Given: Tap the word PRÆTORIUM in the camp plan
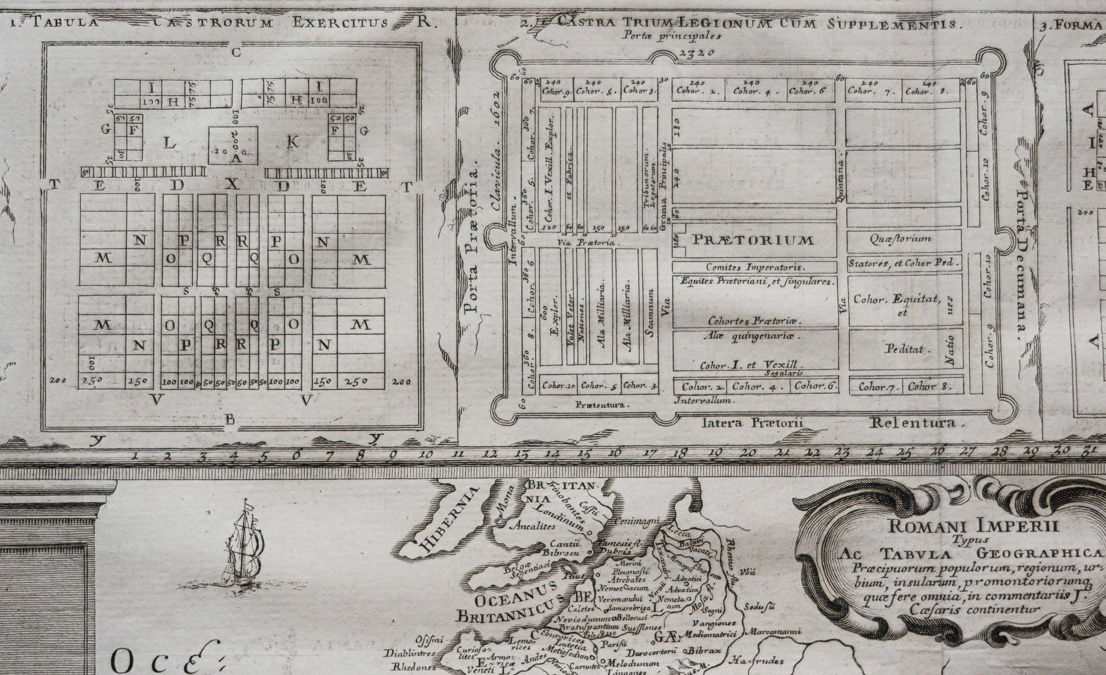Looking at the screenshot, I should point(753,240).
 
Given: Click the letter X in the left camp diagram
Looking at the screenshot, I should point(232,186).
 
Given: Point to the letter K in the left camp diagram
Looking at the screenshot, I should point(292,142).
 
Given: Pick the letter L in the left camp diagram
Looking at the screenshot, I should point(170,144).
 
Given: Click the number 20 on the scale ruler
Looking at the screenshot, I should point(748,453).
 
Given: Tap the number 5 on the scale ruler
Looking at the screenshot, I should point(264,456).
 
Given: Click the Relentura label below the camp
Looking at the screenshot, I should point(918,422).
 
